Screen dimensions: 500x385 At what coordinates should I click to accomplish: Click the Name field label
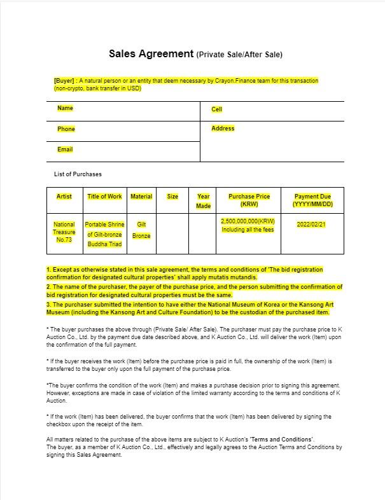point(66,108)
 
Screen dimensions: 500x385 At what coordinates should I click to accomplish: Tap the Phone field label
point(66,129)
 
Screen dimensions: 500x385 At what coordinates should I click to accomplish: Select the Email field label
point(65,149)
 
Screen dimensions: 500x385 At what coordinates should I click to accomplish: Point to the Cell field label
point(216,109)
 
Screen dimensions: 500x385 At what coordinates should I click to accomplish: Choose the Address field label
point(223,128)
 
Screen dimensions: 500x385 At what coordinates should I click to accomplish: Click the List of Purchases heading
point(78,174)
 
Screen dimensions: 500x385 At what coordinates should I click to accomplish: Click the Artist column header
point(64,197)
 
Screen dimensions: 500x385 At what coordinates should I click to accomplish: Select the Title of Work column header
point(104,197)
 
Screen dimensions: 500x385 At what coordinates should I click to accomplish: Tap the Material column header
point(141,197)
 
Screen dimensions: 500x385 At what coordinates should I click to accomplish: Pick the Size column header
point(172,197)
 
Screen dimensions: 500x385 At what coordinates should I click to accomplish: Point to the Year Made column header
point(204,201)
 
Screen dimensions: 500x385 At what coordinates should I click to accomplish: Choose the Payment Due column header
point(312,200)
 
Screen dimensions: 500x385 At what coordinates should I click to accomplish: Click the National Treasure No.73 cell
point(64,232)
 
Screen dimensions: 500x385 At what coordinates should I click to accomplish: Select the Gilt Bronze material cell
point(141,230)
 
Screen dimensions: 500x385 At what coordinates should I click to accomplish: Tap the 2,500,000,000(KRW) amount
point(248,221)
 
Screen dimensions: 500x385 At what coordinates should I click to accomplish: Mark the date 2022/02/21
point(311,225)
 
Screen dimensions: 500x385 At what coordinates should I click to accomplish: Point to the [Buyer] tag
point(64,81)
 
